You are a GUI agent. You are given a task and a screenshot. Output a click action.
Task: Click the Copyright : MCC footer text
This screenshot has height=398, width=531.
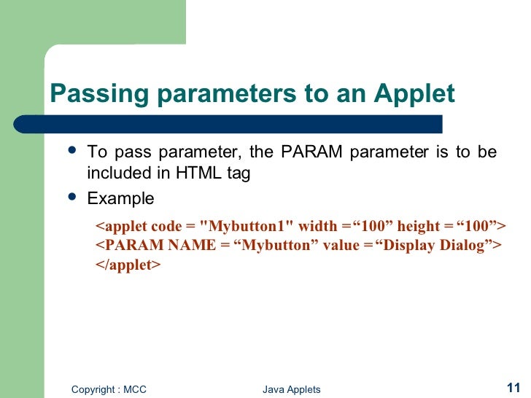109,389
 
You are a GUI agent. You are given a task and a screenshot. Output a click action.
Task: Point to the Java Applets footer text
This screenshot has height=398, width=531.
291,389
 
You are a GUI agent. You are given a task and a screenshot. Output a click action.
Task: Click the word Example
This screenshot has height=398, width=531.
120,198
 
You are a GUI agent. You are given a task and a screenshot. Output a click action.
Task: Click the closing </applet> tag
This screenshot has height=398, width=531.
128,265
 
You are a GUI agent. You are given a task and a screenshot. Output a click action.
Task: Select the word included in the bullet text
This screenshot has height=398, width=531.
117,174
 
